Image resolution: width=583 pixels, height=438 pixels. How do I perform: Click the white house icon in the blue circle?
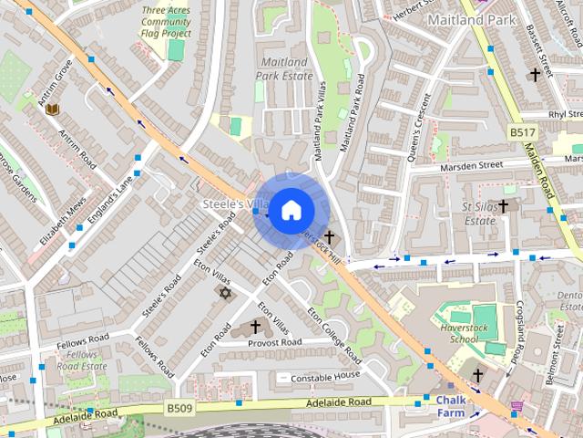click(x=291, y=209)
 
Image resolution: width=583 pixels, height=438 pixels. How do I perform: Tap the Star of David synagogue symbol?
click(x=225, y=292)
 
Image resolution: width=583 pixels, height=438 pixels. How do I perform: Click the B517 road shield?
click(x=522, y=133)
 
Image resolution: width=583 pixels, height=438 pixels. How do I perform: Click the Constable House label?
click(x=326, y=376)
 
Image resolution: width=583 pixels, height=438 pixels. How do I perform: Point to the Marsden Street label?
click(x=471, y=166)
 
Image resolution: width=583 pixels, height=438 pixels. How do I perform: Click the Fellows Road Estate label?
click(x=81, y=360)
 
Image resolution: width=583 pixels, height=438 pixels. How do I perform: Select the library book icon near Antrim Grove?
click(x=52, y=109)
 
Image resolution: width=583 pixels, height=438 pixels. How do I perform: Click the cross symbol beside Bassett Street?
click(x=535, y=74)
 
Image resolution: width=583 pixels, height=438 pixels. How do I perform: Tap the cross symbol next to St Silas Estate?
click(x=502, y=206)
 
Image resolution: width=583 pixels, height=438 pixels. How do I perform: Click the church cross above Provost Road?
click(x=255, y=326)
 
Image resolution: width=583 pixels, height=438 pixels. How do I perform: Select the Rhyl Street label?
click(x=565, y=114)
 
